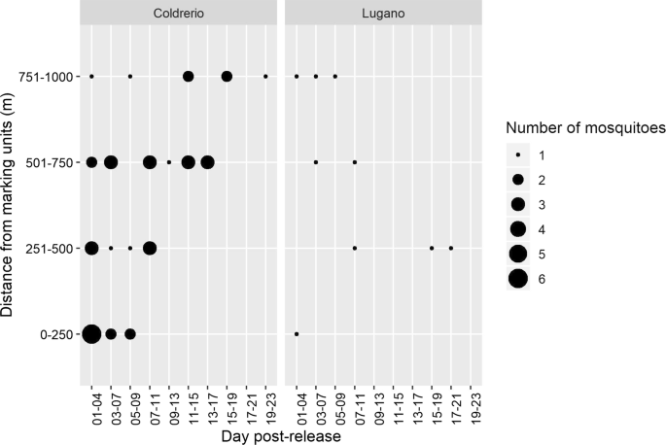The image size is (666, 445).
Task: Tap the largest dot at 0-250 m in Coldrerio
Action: pos(91,334)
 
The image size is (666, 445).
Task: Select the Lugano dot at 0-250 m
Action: pos(297,334)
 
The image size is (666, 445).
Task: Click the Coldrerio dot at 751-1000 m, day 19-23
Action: pos(265,76)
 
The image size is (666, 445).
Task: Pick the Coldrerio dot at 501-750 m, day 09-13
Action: pos(169,162)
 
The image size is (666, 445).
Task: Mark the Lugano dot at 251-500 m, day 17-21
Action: pos(451,248)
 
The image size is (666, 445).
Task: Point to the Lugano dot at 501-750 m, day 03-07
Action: pos(316,162)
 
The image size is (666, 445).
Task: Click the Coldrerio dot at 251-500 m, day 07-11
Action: pos(150,248)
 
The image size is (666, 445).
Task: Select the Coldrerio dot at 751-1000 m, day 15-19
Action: pos(227,76)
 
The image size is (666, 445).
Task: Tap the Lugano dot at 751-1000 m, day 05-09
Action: pos(335,76)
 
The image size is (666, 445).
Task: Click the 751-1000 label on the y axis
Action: pos(49,76)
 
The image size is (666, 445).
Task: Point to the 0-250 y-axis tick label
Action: pos(56,334)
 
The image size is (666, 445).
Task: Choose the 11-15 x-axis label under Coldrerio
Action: pos(189,409)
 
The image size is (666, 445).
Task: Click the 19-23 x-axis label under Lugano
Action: pos(471,409)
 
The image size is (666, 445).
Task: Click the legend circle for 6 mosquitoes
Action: pos(517,279)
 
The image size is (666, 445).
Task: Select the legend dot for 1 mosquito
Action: pos(517,155)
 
